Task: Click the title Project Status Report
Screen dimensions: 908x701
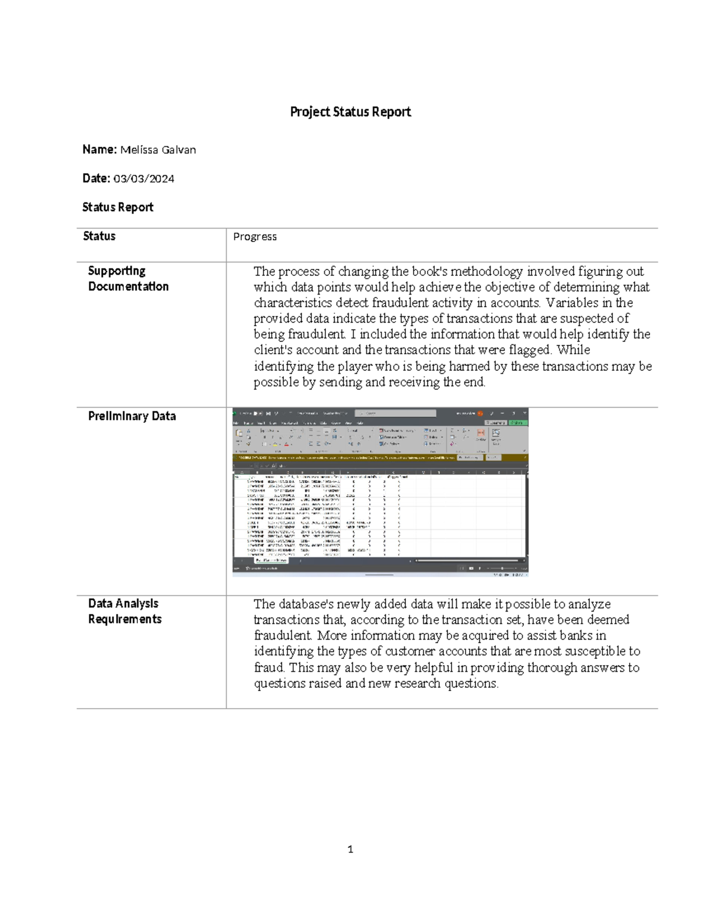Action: click(x=350, y=112)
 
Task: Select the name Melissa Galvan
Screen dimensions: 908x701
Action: click(x=158, y=150)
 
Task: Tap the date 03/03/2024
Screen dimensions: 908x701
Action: click(x=144, y=178)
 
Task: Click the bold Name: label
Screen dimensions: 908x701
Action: click(x=100, y=150)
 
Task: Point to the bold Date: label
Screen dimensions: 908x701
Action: click(x=96, y=178)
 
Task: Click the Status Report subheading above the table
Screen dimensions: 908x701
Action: click(x=117, y=207)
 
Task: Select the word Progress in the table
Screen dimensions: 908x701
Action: click(x=255, y=236)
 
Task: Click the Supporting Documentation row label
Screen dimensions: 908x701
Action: click(x=128, y=278)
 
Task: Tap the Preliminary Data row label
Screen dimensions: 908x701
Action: click(x=131, y=416)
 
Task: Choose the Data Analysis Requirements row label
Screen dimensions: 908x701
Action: click(x=124, y=611)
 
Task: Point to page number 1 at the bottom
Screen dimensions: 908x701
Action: click(x=350, y=849)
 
